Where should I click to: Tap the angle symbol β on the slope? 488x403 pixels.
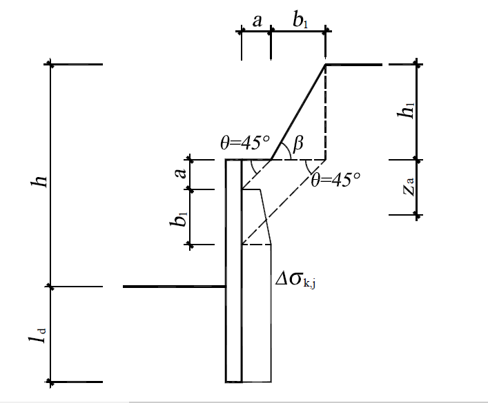click(298, 143)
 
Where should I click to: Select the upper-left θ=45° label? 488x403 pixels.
click(245, 143)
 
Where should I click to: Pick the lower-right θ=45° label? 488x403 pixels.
click(336, 179)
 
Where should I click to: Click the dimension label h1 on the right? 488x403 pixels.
click(406, 110)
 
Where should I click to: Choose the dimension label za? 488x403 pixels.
click(409, 187)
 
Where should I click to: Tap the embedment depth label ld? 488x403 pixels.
click(37, 335)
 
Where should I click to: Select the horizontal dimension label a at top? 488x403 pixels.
click(257, 21)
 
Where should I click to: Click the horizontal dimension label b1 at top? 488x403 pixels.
click(300, 20)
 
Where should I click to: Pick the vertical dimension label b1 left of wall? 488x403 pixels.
click(179, 219)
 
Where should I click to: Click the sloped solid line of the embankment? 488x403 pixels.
click(298, 112)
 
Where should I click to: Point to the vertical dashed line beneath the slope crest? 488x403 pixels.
click(326, 112)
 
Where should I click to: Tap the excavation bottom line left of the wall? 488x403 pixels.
click(174, 287)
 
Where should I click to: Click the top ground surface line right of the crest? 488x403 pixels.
click(354, 65)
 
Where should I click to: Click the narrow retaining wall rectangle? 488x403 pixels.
click(234, 271)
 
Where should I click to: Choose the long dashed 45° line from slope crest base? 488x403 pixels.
click(284, 202)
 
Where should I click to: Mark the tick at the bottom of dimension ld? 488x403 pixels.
click(50, 382)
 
